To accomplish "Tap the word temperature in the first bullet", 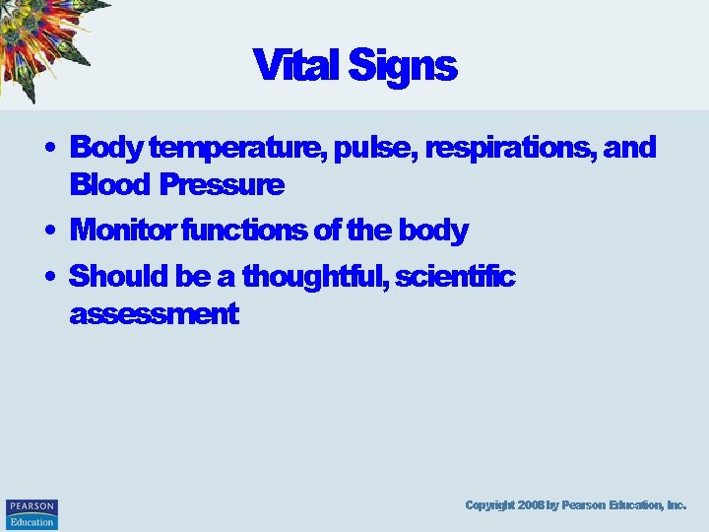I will coord(236,149).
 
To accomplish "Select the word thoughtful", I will coord(314,277).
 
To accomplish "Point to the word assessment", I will coord(154,314).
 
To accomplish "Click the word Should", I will coord(119,277).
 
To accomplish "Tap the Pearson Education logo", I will coord(32,513).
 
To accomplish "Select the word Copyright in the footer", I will coord(488,505).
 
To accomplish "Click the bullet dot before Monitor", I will coord(48,232).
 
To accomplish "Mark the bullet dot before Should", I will coord(48,278).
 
